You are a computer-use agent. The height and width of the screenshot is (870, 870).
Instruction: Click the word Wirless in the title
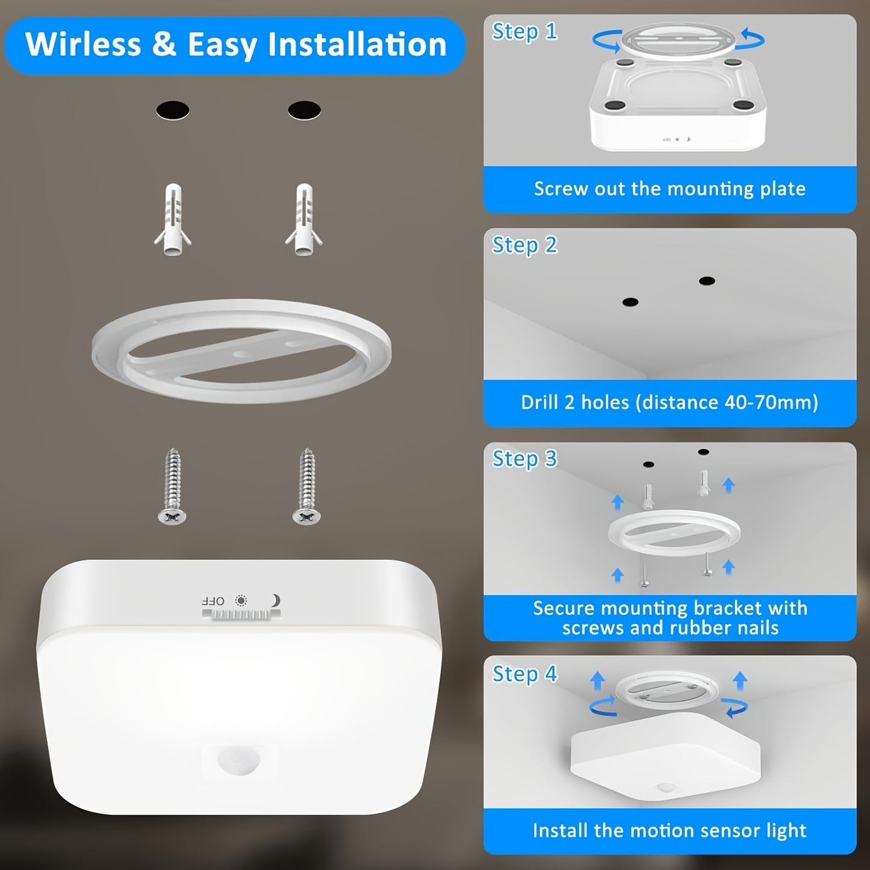tap(83, 45)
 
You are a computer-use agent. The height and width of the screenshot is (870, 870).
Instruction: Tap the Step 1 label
tap(524, 32)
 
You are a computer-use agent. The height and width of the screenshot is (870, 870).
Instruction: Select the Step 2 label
tap(524, 246)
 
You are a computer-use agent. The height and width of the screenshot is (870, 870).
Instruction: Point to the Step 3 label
tap(524, 459)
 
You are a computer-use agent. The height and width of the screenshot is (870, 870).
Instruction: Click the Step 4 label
tap(524, 674)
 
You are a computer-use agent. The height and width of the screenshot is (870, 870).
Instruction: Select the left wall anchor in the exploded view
tap(173, 220)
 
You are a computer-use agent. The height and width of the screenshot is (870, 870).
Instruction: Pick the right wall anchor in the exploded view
tap(304, 220)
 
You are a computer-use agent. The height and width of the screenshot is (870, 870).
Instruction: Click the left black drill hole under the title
tap(173, 111)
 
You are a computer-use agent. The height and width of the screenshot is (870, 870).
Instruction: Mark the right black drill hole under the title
tap(304, 110)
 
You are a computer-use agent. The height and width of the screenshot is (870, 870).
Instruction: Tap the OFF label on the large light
tap(213, 601)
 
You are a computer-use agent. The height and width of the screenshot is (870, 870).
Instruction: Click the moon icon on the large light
tap(275, 600)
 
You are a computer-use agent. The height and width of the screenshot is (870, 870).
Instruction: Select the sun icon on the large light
tap(241, 600)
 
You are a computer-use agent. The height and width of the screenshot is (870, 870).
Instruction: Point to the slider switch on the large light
tap(241, 614)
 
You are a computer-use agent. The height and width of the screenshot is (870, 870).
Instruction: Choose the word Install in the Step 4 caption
tap(560, 831)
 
